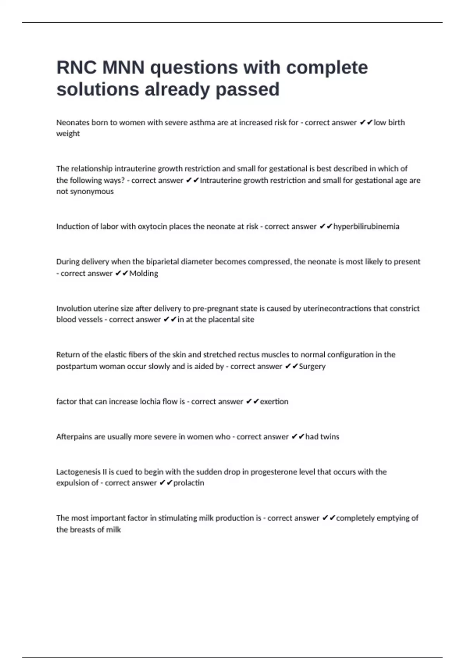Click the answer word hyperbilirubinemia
(366, 226)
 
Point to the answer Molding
(144, 274)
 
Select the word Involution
(73, 308)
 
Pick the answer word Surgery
(312, 367)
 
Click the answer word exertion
(274, 402)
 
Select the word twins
(330, 437)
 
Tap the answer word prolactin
(189, 483)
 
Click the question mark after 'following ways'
(123, 180)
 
